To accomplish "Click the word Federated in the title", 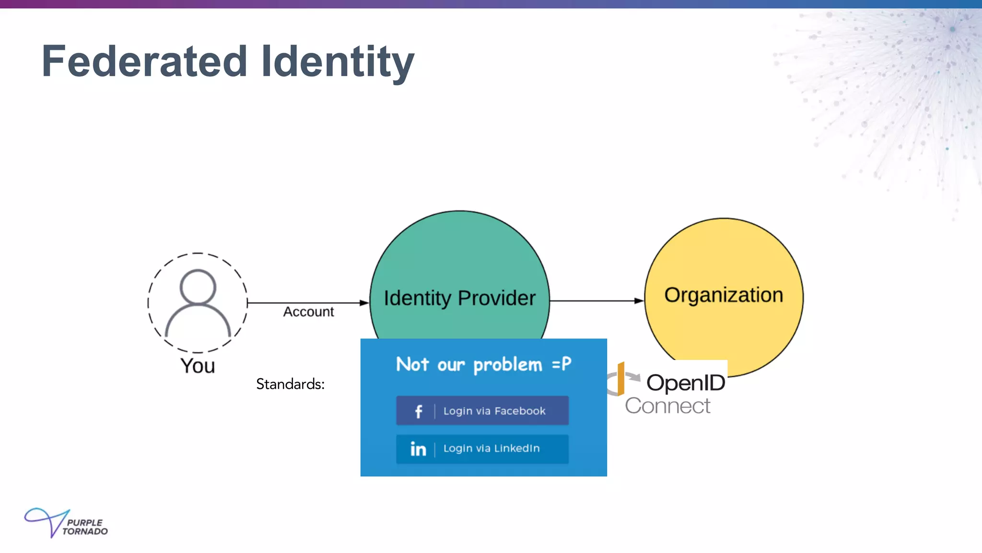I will coord(144,61).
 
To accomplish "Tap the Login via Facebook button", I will coord(482,411).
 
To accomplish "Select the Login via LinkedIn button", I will coord(482,449).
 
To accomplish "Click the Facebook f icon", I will coord(418,411).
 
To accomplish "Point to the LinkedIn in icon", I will coord(418,449).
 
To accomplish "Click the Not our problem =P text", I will coord(483,364).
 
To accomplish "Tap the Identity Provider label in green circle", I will coord(459,298).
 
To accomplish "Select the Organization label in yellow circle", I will coord(723,295).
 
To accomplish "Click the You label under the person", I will coord(198,366).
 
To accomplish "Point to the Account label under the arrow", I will coord(308,312).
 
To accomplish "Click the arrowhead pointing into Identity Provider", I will coord(364,303).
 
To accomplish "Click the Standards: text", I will coord(290,384).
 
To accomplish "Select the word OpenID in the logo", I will coord(686,383).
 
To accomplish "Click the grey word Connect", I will coord(667,406).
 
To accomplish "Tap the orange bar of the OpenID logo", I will coord(620,378).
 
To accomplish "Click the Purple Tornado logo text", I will coord(85,527).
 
